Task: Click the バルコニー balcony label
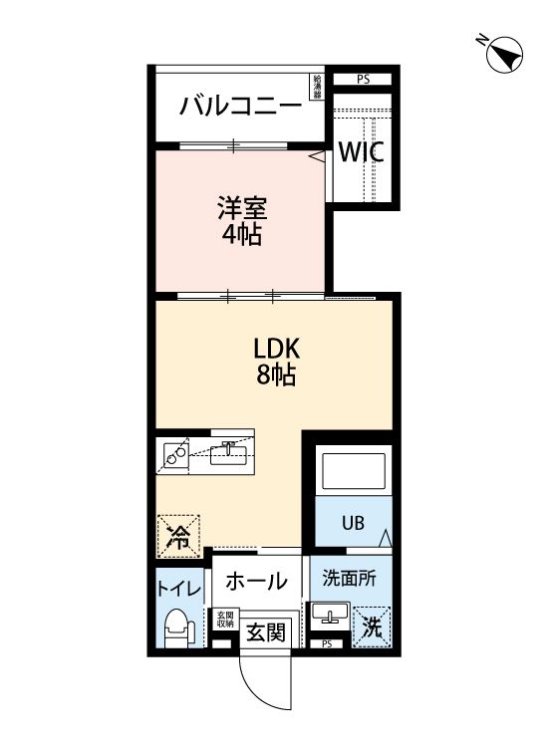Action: [x=239, y=106]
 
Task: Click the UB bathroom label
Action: [x=354, y=522]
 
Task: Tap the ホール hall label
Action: [x=255, y=581]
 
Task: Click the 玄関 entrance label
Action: [x=266, y=630]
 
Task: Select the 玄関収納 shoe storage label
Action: [x=224, y=620]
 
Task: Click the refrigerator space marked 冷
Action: [x=177, y=536]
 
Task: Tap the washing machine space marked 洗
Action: [x=371, y=626]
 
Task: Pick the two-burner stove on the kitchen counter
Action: [x=175, y=454]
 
